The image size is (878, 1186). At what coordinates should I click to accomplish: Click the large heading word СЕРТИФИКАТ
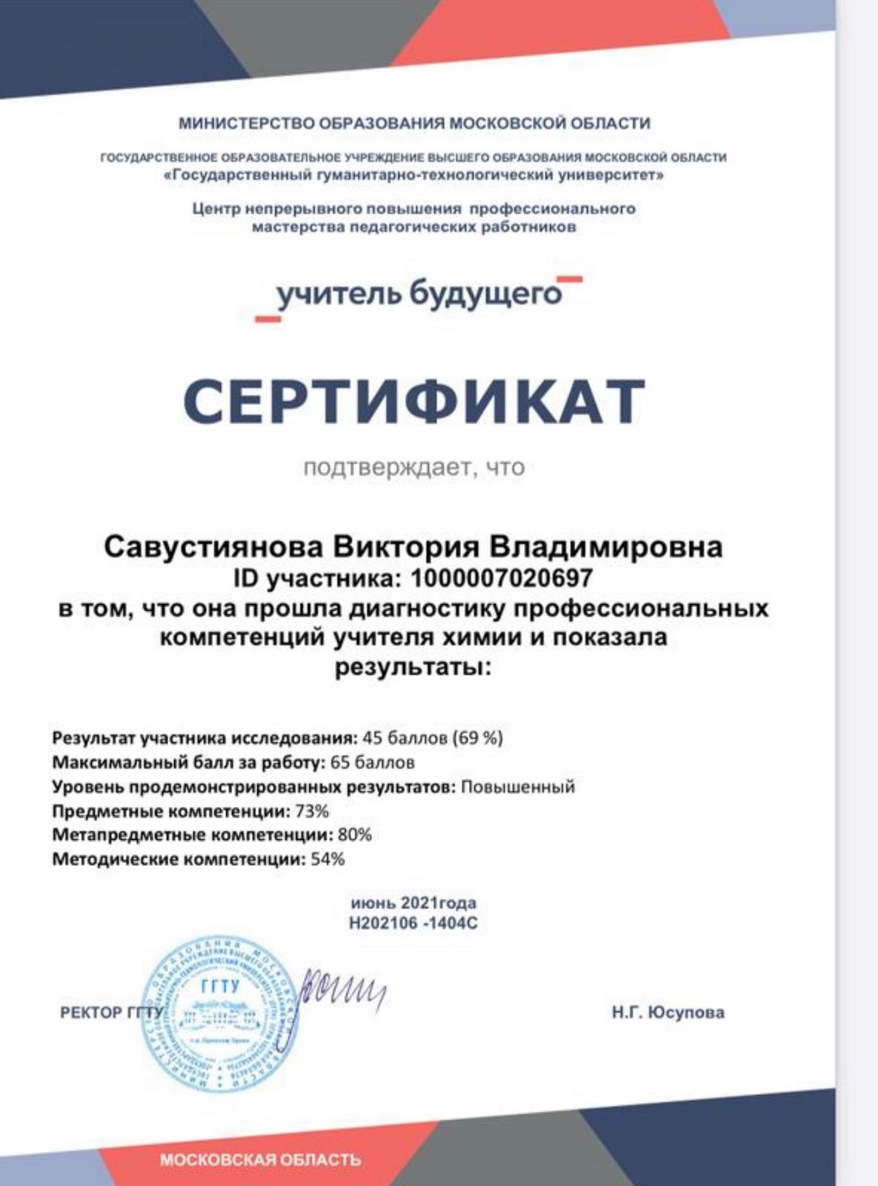(x=413, y=400)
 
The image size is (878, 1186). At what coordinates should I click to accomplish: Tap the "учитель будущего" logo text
(x=419, y=294)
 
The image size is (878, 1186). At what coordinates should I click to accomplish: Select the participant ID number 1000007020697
(x=502, y=577)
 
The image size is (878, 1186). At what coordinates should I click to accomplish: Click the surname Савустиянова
(x=214, y=548)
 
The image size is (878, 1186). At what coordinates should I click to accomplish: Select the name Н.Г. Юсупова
(x=668, y=1013)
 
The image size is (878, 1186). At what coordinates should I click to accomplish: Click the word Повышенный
(x=518, y=786)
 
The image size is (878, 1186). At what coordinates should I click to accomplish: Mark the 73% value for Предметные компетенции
(x=312, y=811)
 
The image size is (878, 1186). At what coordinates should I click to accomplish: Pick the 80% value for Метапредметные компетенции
(x=354, y=835)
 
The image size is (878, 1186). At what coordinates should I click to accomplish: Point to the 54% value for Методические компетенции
(x=327, y=859)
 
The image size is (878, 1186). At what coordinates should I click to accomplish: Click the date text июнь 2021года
(x=413, y=903)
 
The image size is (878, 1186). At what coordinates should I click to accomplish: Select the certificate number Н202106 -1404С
(x=413, y=924)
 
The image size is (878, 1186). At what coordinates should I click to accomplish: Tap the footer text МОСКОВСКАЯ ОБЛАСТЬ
(x=261, y=1159)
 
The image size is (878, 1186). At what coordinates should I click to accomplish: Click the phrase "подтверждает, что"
(x=413, y=467)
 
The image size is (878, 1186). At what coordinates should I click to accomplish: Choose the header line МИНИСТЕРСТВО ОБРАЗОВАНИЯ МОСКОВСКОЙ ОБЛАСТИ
(x=413, y=123)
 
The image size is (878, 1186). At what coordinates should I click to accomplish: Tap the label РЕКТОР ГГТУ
(x=110, y=1013)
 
